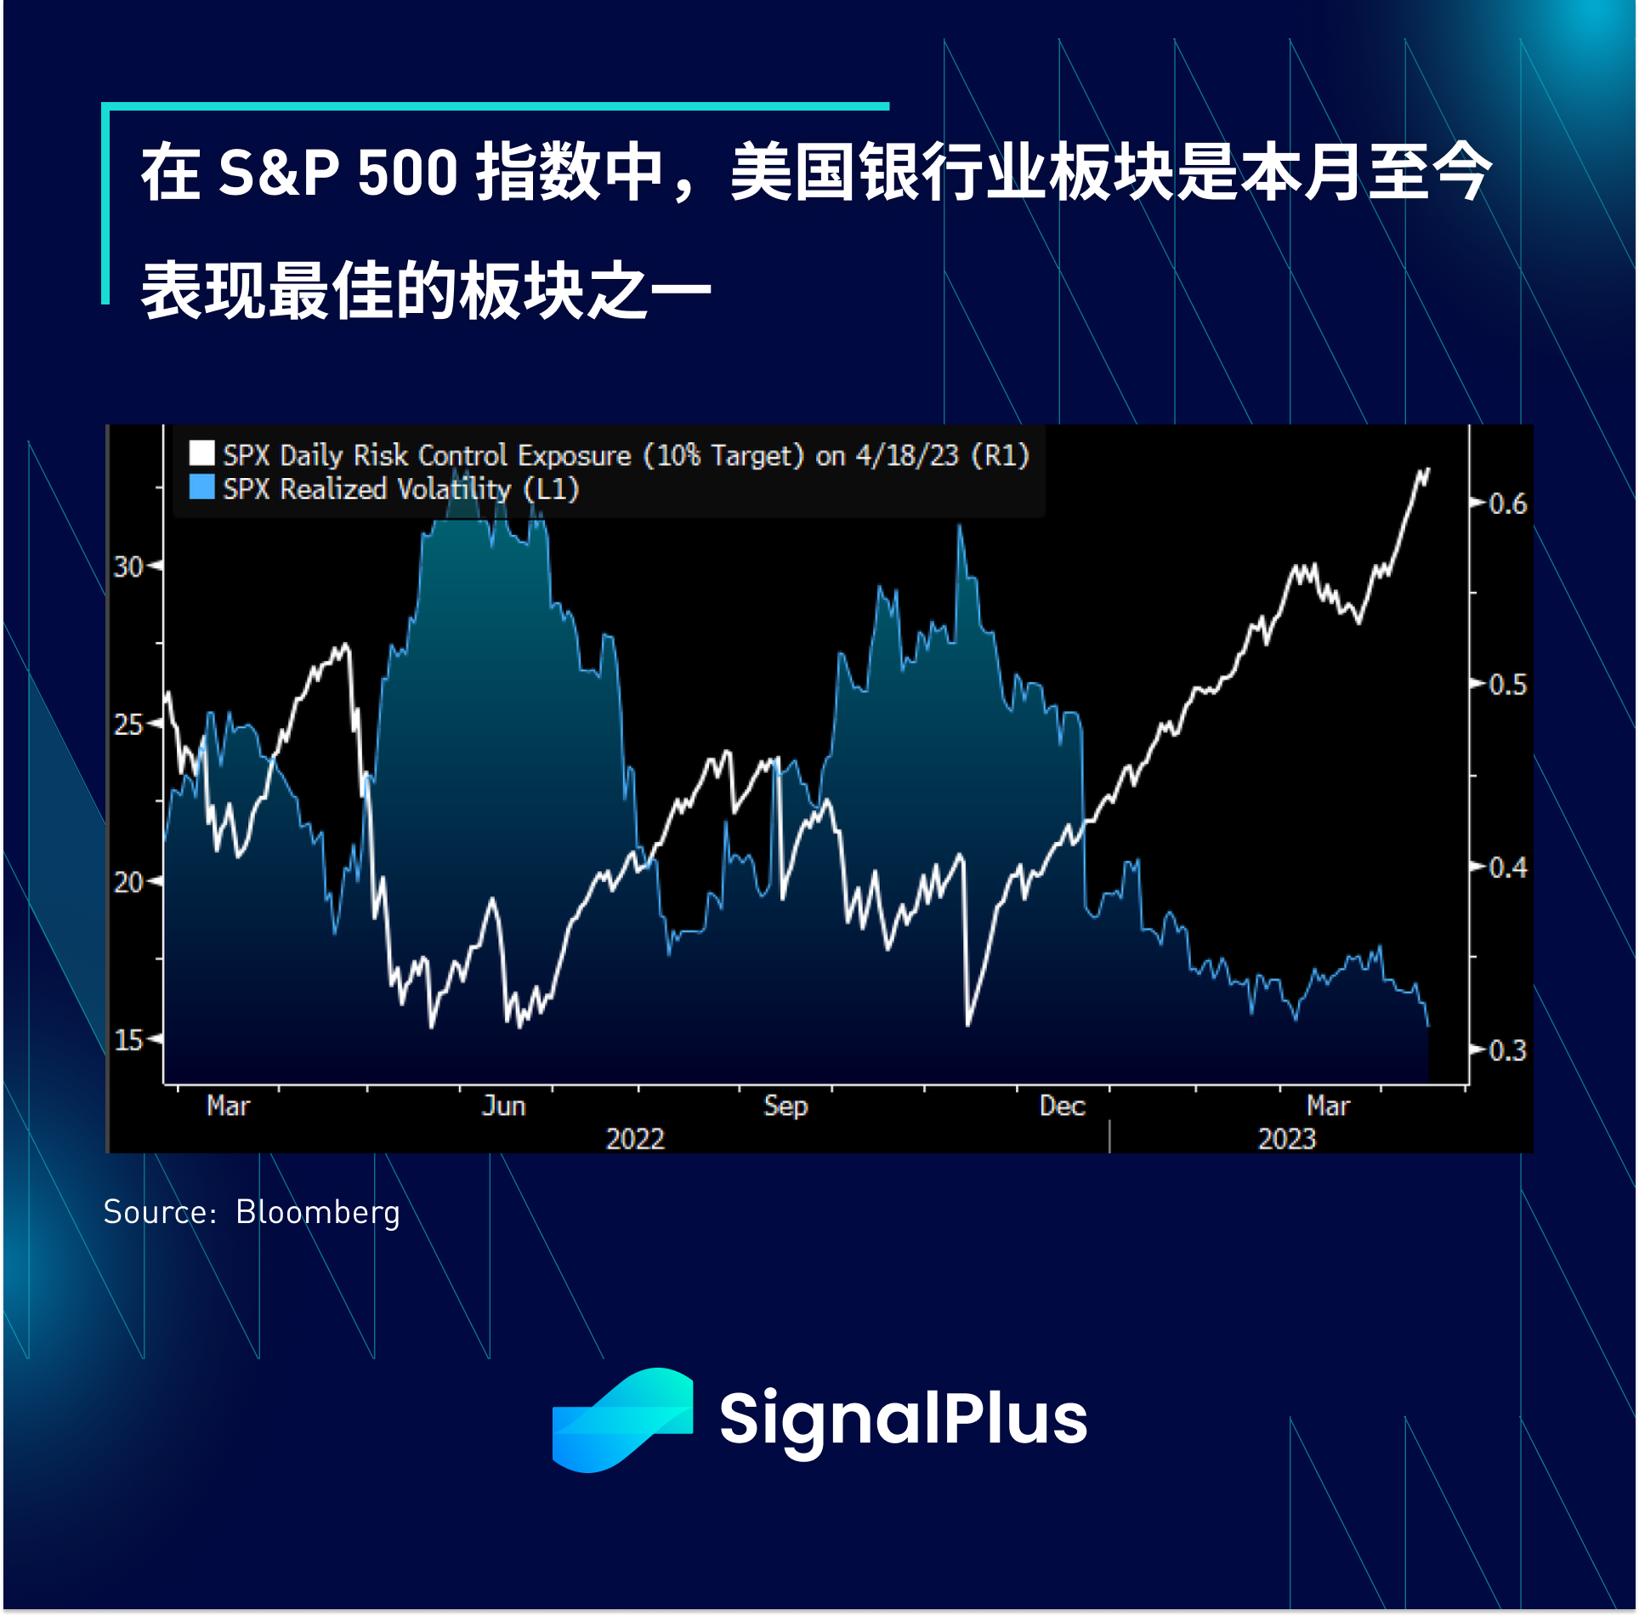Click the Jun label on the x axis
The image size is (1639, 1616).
click(x=504, y=1106)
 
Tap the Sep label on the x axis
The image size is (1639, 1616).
click(x=785, y=1107)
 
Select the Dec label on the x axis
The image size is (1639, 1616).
click(x=1063, y=1106)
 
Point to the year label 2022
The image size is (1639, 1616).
click(x=635, y=1139)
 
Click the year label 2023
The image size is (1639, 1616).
click(x=1287, y=1139)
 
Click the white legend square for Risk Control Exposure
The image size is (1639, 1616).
click(x=201, y=452)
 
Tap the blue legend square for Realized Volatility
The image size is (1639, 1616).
click(x=201, y=487)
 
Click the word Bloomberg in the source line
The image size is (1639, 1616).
click(x=318, y=1213)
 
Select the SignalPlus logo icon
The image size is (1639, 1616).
click(x=622, y=1420)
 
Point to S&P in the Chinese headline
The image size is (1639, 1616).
click(x=280, y=173)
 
